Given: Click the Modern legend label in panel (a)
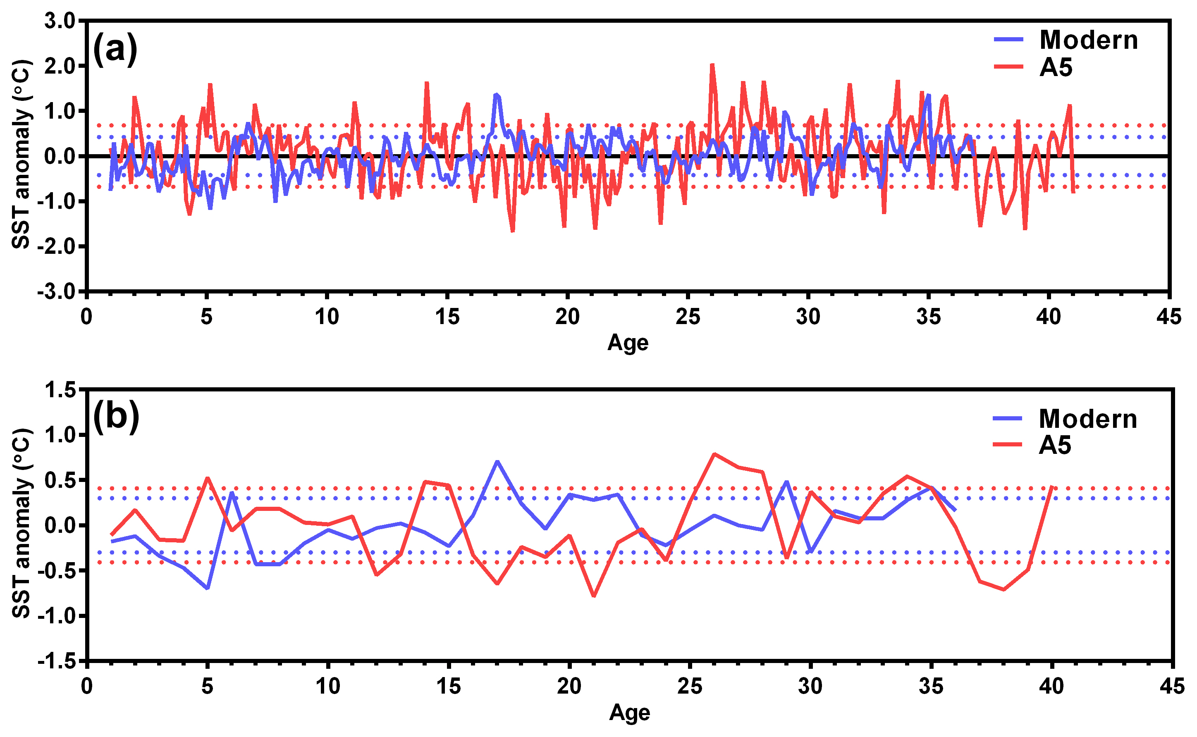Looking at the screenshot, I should click(x=1088, y=40).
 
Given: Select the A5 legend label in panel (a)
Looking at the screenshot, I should click(x=1056, y=67).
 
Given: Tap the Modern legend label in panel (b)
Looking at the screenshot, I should click(x=1087, y=419).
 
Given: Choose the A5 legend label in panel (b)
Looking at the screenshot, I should click(x=1055, y=445).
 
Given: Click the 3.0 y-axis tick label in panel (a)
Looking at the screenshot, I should click(x=60, y=21).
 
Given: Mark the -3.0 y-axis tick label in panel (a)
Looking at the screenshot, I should click(x=57, y=292).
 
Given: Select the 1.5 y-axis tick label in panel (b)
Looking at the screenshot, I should click(x=60, y=390).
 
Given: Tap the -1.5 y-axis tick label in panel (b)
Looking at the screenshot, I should click(x=57, y=661).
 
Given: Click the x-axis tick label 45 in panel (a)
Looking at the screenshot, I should click(x=1169, y=317).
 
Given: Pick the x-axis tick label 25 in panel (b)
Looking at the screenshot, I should click(x=689, y=686).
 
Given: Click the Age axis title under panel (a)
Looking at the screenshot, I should click(x=628, y=343).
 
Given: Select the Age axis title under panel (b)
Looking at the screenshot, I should click(x=629, y=713).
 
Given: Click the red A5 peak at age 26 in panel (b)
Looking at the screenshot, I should click(x=714, y=454).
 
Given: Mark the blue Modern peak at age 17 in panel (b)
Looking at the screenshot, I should click(x=497, y=461).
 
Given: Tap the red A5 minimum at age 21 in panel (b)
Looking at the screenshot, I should click(x=593, y=596).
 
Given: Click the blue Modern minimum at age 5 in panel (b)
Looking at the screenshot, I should click(x=207, y=588).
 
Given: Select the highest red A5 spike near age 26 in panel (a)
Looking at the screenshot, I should click(x=712, y=65).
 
